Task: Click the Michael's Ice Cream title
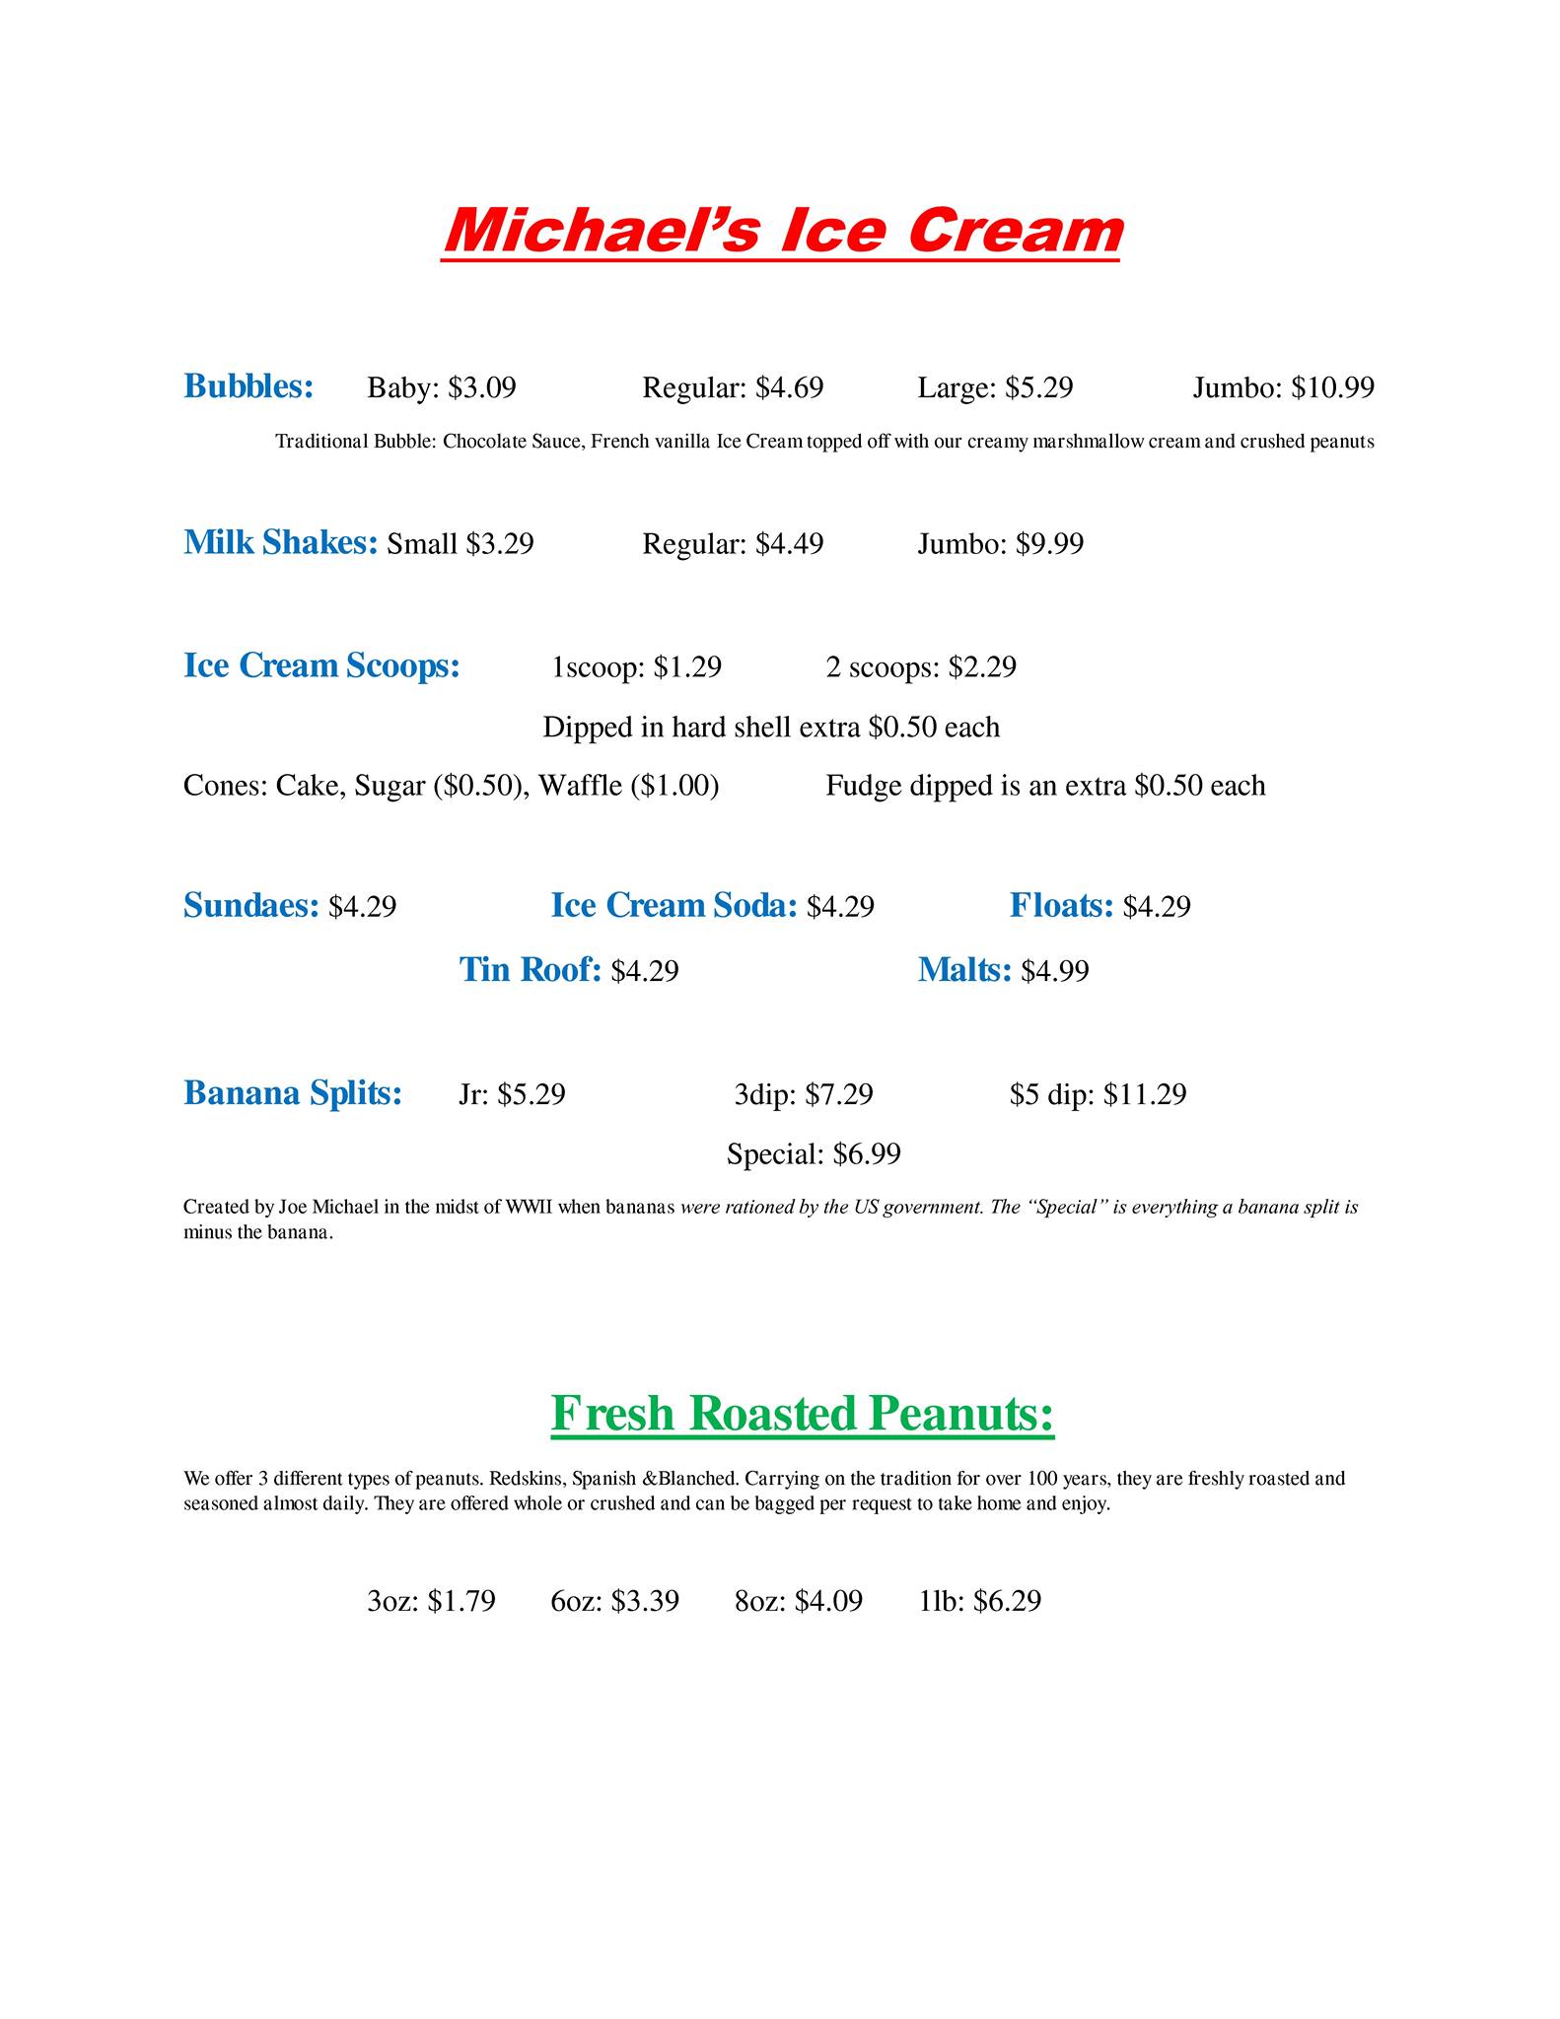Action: click(782, 231)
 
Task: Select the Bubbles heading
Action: click(248, 386)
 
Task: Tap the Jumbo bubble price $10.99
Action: click(1332, 387)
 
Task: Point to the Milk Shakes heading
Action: click(280, 542)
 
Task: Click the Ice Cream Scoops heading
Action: click(321, 665)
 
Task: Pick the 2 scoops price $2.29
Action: click(981, 667)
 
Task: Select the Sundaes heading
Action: click(250, 905)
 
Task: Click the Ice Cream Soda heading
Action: click(674, 905)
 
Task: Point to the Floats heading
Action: click(1061, 905)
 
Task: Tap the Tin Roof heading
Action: click(530, 970)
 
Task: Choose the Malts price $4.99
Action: click(1054, 972)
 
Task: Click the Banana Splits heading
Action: click(292, 1093)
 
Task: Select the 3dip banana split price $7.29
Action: click(838, 1094)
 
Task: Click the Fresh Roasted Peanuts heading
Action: click(802, 1413)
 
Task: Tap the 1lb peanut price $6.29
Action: click(1007, 1600)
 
